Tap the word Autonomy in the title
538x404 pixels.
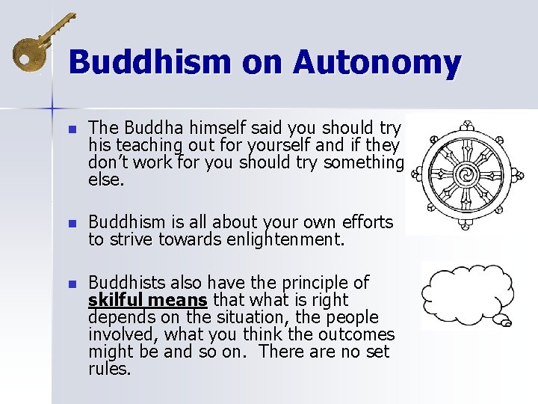point(377,62)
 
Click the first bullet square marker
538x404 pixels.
point(72,129)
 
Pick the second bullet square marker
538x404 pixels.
point(72,223)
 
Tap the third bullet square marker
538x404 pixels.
point(72,284)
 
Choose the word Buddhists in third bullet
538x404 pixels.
point(126,283)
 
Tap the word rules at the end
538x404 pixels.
point(109,369)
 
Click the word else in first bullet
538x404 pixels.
point(105,180)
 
